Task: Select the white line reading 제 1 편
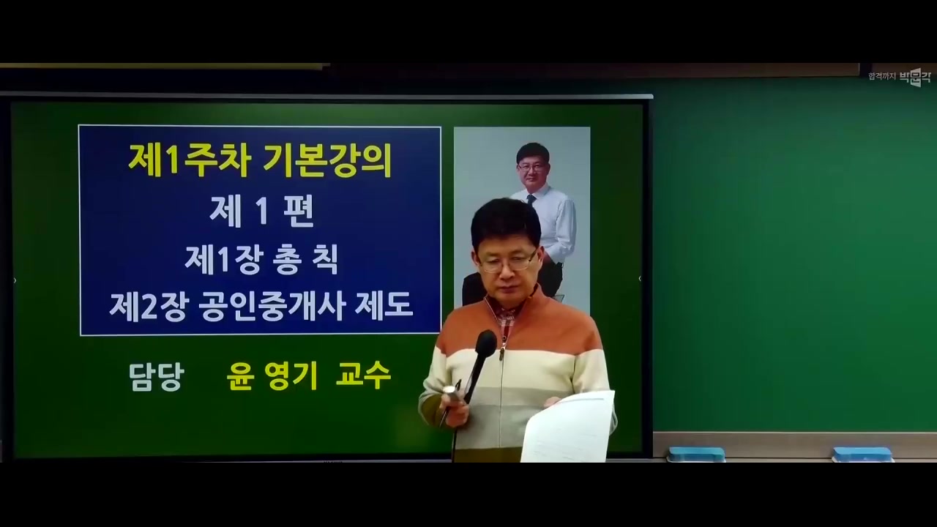(x=261, y=212)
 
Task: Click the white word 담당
(x=156, y=376)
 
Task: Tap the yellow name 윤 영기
(x=272, y=376)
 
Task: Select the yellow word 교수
(x=363, y=376)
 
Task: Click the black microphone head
(x=485, y=343)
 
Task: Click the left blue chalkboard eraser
(x=695, y=454)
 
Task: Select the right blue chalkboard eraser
(x=862, y=454)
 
